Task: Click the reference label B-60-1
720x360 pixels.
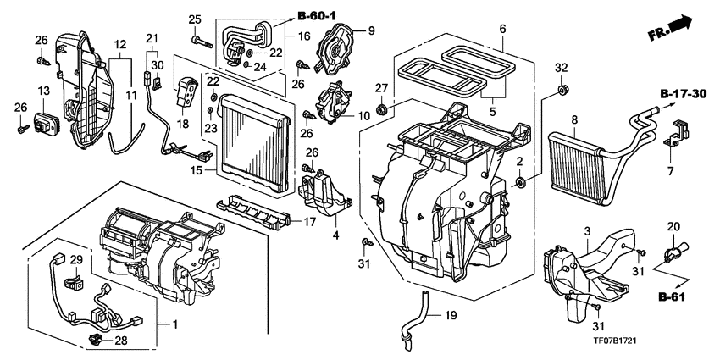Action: click(x=318, y=14)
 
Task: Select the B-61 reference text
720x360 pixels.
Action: click(x=678, y=297)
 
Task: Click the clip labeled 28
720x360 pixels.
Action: click(x=97, y=341)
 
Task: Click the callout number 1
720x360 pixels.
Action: click(x=176, y=326)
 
